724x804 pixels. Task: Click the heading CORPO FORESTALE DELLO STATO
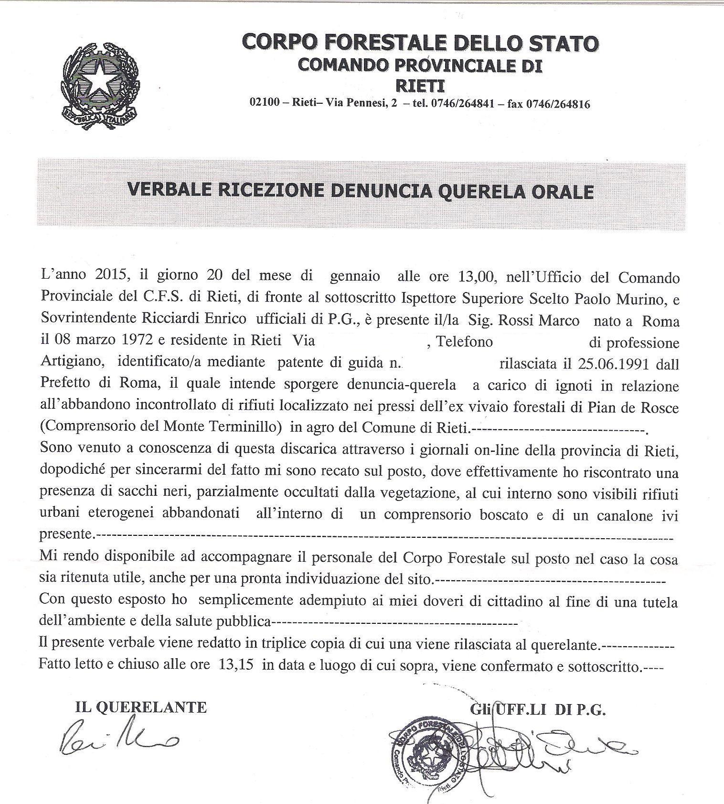[420, 43]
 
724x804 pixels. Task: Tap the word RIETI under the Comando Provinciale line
[420, 86]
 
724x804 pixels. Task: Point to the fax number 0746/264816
[558, 104]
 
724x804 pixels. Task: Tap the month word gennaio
[355, 276]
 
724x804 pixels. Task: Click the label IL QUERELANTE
[141, 707]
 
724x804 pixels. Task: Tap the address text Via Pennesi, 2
[361, 104]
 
